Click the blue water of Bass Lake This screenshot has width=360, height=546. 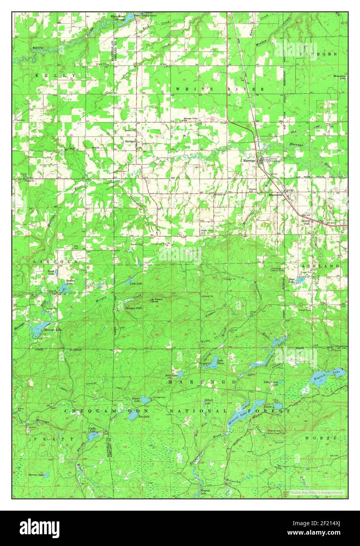tap(301, 280)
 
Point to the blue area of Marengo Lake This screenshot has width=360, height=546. tap(40, 327)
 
